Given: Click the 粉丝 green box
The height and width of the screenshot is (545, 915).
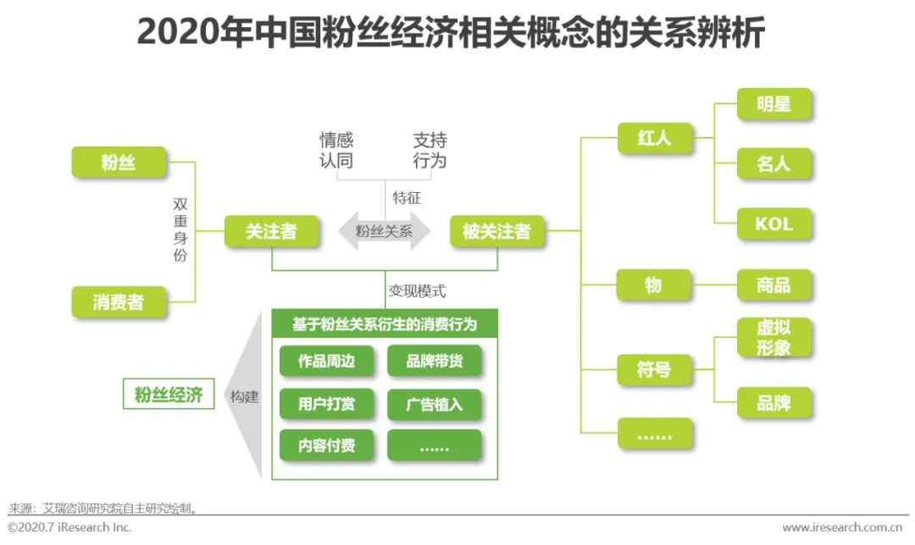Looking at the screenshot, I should [119, 162].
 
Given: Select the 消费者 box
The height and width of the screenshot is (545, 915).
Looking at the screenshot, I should [119, 302].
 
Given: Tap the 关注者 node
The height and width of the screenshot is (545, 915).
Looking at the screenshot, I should [272, 232].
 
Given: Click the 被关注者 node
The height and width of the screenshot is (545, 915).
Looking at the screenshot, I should [496, 232].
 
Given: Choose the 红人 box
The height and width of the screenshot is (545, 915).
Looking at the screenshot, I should [654, 139].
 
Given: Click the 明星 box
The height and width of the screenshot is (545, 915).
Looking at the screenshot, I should [774, 104].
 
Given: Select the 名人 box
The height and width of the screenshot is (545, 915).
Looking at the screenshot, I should [774, 164].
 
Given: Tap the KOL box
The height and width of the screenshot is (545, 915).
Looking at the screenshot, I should [774, 224].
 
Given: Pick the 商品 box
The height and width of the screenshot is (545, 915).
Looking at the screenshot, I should [774, 285].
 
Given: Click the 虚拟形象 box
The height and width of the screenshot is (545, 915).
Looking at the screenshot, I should [774, 338].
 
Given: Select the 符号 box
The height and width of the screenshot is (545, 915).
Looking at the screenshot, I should [654, 370].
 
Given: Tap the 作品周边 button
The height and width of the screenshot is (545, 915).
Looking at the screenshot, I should [326, 361].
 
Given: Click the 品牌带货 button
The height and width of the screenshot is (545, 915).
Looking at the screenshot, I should [434, 361].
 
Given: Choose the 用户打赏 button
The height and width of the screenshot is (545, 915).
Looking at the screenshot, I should [326, 404].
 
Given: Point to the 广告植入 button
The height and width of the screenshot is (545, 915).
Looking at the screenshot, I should [434, 404].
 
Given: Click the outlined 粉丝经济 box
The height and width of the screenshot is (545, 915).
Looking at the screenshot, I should [169, 394].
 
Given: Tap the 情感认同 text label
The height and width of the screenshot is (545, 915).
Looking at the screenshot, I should [336, 150].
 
